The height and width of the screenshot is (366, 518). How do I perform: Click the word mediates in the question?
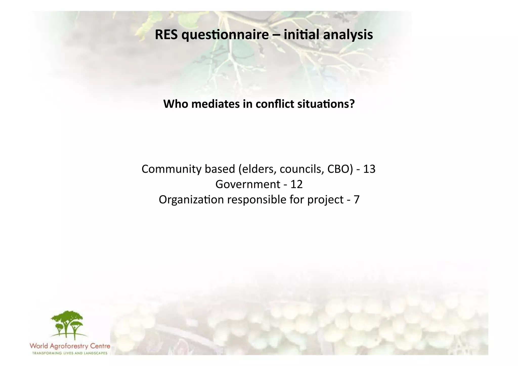coord(215,104)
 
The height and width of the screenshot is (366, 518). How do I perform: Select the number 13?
coord(369,169)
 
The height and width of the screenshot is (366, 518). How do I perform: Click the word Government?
coord(248,184)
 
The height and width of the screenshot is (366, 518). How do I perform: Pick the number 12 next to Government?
coord(296,184)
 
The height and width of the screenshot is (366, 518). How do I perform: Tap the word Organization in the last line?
coord(191,200)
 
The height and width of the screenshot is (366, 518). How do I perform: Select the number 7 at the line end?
coord(356,200)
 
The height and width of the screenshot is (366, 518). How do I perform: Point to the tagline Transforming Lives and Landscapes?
coord(70,353)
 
